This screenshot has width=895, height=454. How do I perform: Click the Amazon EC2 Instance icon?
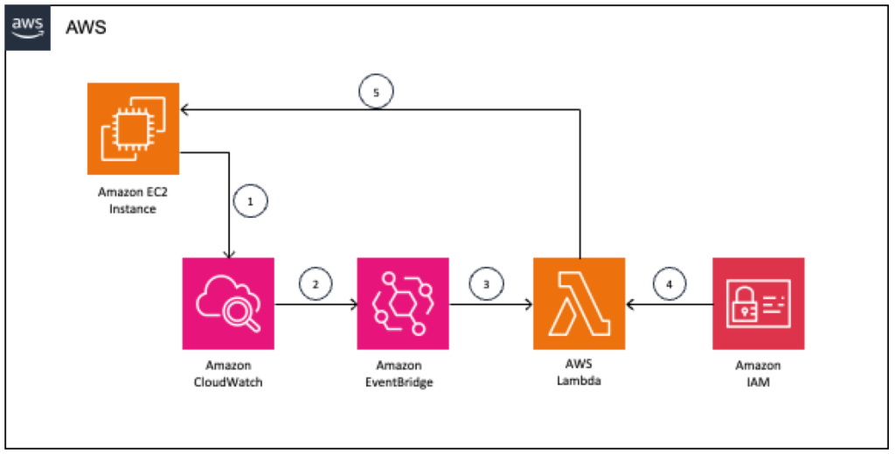click(133, 129)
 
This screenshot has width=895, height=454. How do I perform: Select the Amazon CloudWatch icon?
click(228, 304)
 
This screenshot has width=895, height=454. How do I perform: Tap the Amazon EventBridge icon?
click(403, 304)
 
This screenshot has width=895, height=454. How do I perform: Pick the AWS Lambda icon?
click(579, 304)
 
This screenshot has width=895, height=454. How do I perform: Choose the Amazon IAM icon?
click(758, 304)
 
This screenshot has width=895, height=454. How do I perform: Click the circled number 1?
click(251, 200)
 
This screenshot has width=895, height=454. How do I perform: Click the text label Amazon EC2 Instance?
click(134, 201)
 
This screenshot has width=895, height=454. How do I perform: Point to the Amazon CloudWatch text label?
click(228, 374)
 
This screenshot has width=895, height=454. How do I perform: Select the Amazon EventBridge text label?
click(403, 374)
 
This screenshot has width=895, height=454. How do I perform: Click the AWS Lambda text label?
click(579, 374)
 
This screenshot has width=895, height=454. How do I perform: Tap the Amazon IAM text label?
click(758, 374)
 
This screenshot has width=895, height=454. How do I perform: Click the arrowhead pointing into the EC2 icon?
click(185, 109)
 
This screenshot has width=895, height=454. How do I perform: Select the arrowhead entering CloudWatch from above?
click(229, 253)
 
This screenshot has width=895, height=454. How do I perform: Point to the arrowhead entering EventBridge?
click(353, 304)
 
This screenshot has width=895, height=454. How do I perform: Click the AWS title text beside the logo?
click(86, 27)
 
